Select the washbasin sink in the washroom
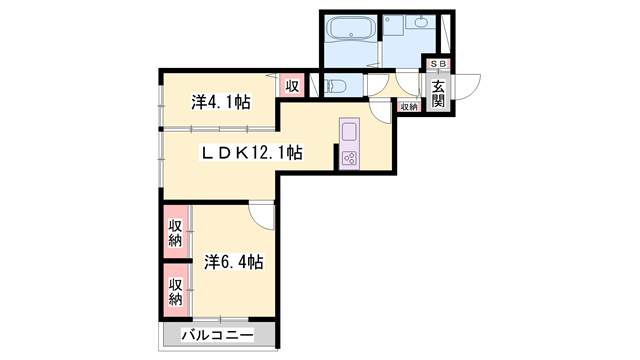[x=419, y=23]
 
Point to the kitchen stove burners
[x=350, y=158]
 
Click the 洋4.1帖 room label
[x=220, y=101]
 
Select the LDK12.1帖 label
[x=252, y=153]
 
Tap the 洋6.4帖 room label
[x=234, y=262]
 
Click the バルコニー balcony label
[x=217, y=335]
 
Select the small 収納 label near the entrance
[x=409, y=106]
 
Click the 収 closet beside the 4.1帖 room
[x=292, y=86]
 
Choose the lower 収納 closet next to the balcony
[x=175, y=290]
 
